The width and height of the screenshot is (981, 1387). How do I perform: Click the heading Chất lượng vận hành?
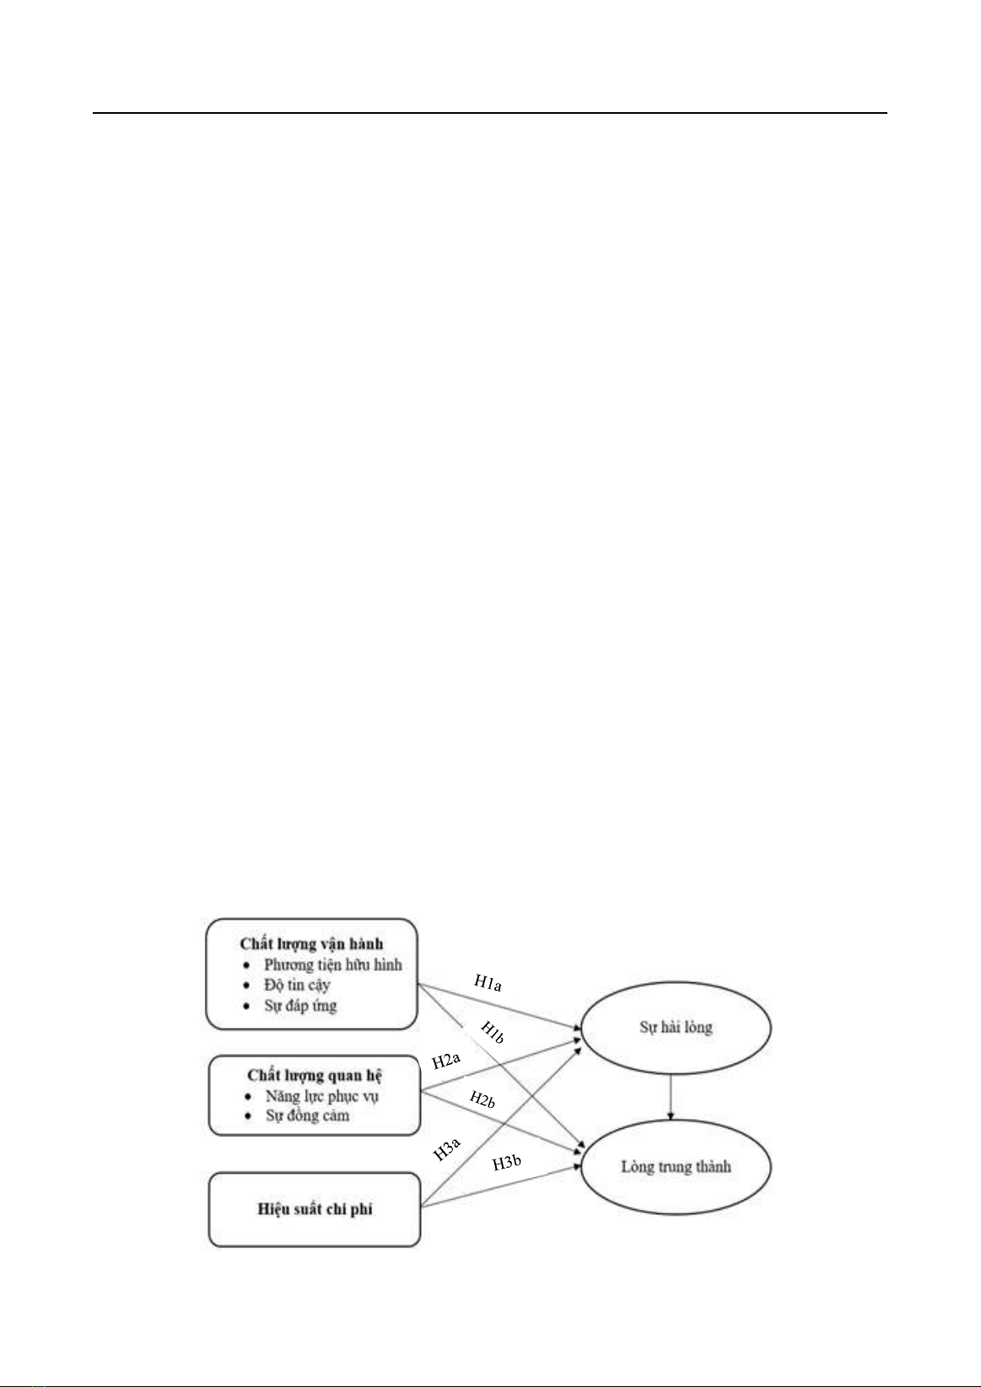pyautogui.click(x=311, y=944)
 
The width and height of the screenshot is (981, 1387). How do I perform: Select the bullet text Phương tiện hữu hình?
pyautogui.click(x=333, y=965)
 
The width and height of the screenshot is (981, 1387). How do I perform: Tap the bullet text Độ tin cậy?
pyautogui.click(x=297, y=985)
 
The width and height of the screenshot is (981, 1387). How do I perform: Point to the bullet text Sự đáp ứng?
pyautogui.click(x=301, y=1005)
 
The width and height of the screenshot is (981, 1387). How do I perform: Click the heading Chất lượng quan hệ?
pyautogui.click(x=315, y=1075)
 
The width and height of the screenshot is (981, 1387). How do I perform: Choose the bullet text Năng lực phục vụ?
pyautogui.click(x=322, y=1096)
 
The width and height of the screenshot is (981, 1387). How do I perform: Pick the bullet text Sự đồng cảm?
pyautogui.click(x=308, y=1116)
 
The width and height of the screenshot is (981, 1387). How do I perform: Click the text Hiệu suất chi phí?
pyautogui.click(x=315, y=1209)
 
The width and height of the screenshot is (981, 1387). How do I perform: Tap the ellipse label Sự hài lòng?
pyautogui.click(x=676, y=1027)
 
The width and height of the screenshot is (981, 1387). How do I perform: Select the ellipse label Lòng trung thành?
pyautogui.click(x=676, y=1167)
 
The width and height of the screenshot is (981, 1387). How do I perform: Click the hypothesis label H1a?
pyautogui.click(x=488, y=982)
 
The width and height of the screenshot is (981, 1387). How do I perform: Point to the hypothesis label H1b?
pyautogui.click(x=493, y=1032)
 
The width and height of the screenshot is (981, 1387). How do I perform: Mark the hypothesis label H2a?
pyautogui.click(x=446, y=1062)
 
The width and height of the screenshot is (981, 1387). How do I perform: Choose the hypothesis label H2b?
pyautogui.click(x=482, y=1099)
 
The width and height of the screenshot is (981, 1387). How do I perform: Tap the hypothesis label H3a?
pyautogui.click(x=446, y=1150)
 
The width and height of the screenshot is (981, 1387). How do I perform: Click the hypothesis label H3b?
pyautogui.click(x=507, y=1164)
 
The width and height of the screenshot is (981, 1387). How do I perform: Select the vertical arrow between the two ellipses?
pyautogui.click(x=670, y=1097)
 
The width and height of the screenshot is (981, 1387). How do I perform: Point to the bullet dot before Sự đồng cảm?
pyautogui.click(x=248, y=1116)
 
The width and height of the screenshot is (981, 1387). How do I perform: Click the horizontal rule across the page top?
pyautogui.click(x=490, y=113)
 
